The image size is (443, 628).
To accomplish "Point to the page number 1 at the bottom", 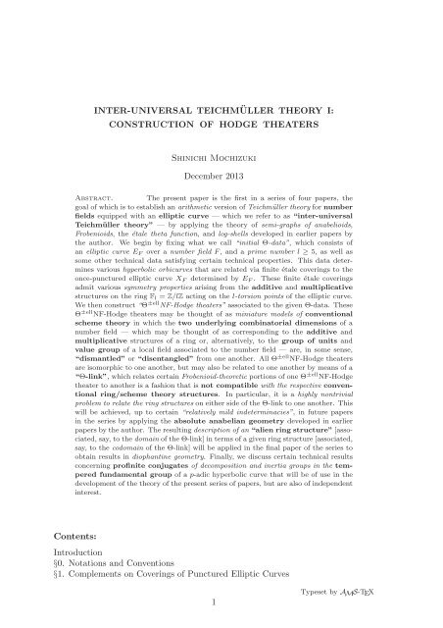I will [x=220, y=618].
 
